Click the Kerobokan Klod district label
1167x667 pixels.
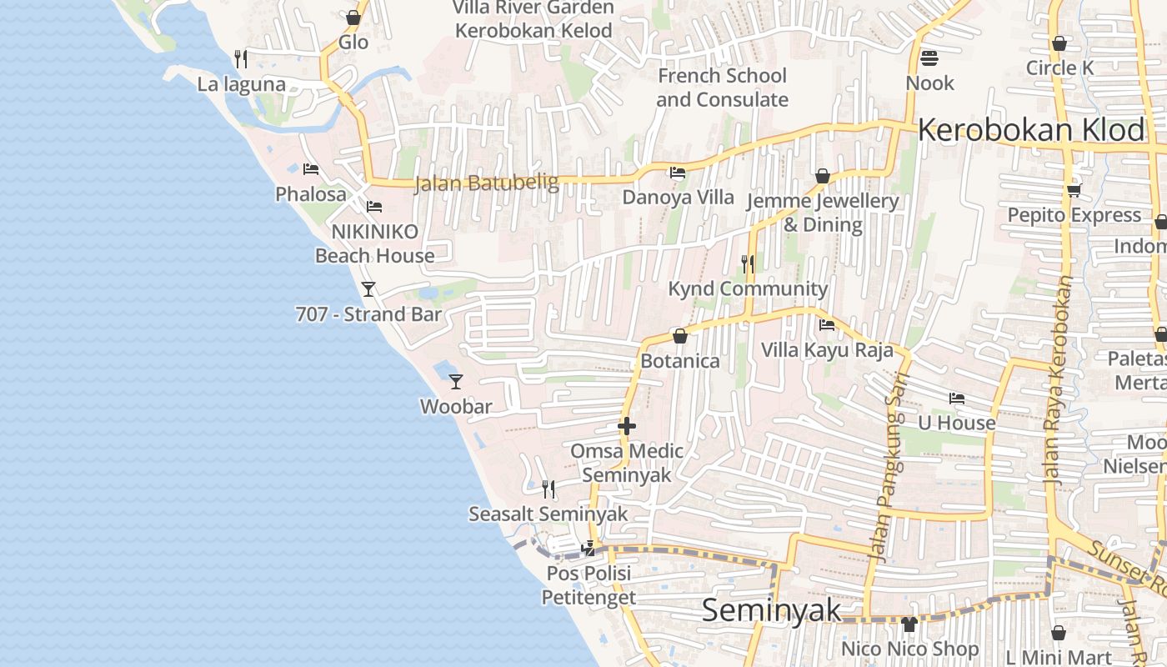pyautogui.click(x=1031, y=130)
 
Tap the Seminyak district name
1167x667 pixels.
pyautogui.click(x=772, y=610)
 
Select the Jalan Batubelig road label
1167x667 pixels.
pyautogui.click(x=486, y=183)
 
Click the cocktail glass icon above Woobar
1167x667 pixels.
pyautogui.click(x=456, y=382)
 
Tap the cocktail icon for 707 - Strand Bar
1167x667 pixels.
pyautogui.click(x=368, y=289)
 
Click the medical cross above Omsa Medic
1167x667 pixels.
pyautogui.click(x=627, y=426)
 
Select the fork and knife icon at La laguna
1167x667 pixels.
pyautogui.click(x=241, y=58)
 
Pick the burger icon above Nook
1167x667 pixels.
pyautogui.click(x=929, y=58)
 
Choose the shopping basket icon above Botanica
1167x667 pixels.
pyautogui.click(x=680, y=336)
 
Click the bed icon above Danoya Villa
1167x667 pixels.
pyautogui.click(x=678, y=173)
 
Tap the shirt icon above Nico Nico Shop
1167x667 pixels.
pyautogui.click(x=909, y=624)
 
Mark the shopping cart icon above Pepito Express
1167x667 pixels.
pyautogui.click(x=1074, y=190)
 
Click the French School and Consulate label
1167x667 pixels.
pyautogui.click(x=722, y=88)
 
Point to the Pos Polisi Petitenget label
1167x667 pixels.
pyautogui.click(x=589, y=585)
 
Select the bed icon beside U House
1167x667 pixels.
pyautogui.click(x=957, y=399)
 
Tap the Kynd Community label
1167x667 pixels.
pyautogui.click(x=748, y=288)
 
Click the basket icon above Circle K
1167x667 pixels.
pyautogui.click(x=1059, y=43)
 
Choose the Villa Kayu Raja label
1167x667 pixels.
pyautogui.click(x=827, y=349)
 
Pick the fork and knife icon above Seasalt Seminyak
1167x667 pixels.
pyautogui.click(x=548, y=489)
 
